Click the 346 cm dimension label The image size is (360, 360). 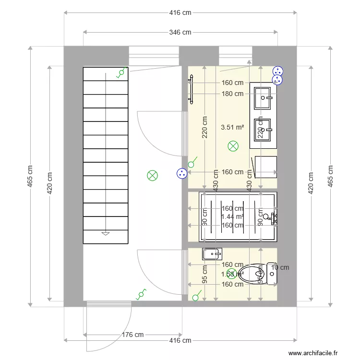pyautogui.click(x=180, y=33)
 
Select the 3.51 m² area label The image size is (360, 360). pyautogui.click(x=232, y=127)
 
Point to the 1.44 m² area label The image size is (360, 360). pyautogui.click(x=232, y=217)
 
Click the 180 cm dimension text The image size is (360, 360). pyautogui.click(x=232, y=94)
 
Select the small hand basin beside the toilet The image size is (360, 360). pyautogui.click(x=212, y=253)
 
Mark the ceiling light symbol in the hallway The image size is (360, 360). pyautogui.click(x=152, y=176)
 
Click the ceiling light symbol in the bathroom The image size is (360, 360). pyautogui.click(x=233, y=146)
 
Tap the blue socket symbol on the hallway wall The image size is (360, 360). pyautogui.click(x=181, y=174)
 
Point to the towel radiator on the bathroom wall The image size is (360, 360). pyautogui.click(x=191, y=89)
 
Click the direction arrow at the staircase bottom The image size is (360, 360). pyautogui.click(x=106, y=234)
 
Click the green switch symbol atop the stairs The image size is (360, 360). pyautogui.click(x=121, y=72)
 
